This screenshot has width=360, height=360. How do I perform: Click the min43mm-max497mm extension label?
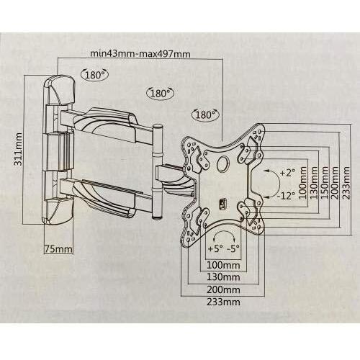pos(140,53)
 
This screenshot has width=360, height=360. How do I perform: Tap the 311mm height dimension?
pos(18,149)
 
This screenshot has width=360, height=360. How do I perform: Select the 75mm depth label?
pos(58,249)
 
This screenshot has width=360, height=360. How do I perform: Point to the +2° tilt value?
pos(287,173)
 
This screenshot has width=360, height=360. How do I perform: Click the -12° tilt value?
pos(285,196)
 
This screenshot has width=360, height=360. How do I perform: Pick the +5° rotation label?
pos(215,248)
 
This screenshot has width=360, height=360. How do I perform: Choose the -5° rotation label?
pos(233,248)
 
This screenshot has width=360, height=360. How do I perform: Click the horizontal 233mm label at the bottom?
pos(223,302)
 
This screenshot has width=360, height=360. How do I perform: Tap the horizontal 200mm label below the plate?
pos(223,289)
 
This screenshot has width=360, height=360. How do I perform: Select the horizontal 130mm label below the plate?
pos(223,277)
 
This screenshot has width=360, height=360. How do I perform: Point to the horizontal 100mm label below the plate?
pos(223,265)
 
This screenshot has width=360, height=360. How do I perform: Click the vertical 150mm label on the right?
pos(325,183)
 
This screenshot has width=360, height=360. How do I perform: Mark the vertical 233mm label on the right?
pos(346,183)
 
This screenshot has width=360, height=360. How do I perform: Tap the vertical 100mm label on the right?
pos(303,183)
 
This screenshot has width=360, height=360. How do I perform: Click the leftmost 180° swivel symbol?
pos(95,75)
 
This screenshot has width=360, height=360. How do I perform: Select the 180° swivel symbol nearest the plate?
pos(205,114)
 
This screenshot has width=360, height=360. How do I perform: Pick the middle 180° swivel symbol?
pos(160,93)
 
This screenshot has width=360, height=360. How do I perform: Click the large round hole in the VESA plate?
pos(223,163)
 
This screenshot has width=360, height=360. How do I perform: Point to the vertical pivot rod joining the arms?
pos(158,171)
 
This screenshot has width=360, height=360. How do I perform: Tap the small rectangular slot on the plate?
pos(222,204)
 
